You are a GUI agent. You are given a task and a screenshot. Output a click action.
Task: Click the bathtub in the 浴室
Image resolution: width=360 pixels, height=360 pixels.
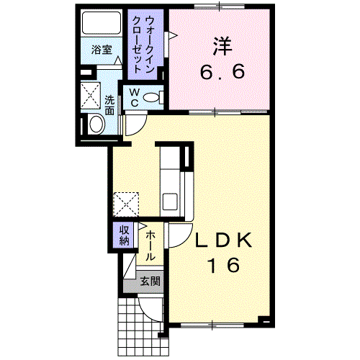[102, 23]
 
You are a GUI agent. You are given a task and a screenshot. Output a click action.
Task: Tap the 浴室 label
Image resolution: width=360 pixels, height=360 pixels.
[102, 50]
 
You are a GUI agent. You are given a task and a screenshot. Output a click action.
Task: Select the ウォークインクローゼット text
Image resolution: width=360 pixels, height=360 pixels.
[143, 44]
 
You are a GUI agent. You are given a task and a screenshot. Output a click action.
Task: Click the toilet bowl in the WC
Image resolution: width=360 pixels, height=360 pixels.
[151, 97]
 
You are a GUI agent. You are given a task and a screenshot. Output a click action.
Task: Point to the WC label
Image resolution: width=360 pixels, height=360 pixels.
[135, 97]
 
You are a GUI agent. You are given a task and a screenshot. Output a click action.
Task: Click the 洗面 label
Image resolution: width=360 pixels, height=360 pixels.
[109, 105]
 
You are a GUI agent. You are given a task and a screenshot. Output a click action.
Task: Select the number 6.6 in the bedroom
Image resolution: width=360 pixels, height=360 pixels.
[222, 71]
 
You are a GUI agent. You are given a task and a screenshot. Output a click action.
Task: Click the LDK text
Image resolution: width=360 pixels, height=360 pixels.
[224, 240]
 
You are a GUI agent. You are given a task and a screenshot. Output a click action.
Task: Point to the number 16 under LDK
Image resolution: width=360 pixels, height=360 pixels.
[224, 265]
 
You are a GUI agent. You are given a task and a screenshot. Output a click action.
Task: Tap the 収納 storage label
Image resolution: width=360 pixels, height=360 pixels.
[125, 235]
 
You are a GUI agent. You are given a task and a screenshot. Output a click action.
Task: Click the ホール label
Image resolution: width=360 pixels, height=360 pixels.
[150, 246]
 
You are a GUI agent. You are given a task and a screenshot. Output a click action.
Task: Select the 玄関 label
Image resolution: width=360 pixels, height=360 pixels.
[150, 281]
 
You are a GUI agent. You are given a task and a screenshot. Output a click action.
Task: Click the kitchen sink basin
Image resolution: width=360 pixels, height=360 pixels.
[170, 201]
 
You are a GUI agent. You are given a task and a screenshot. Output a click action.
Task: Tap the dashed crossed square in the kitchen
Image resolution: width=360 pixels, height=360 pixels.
[126, 204]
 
